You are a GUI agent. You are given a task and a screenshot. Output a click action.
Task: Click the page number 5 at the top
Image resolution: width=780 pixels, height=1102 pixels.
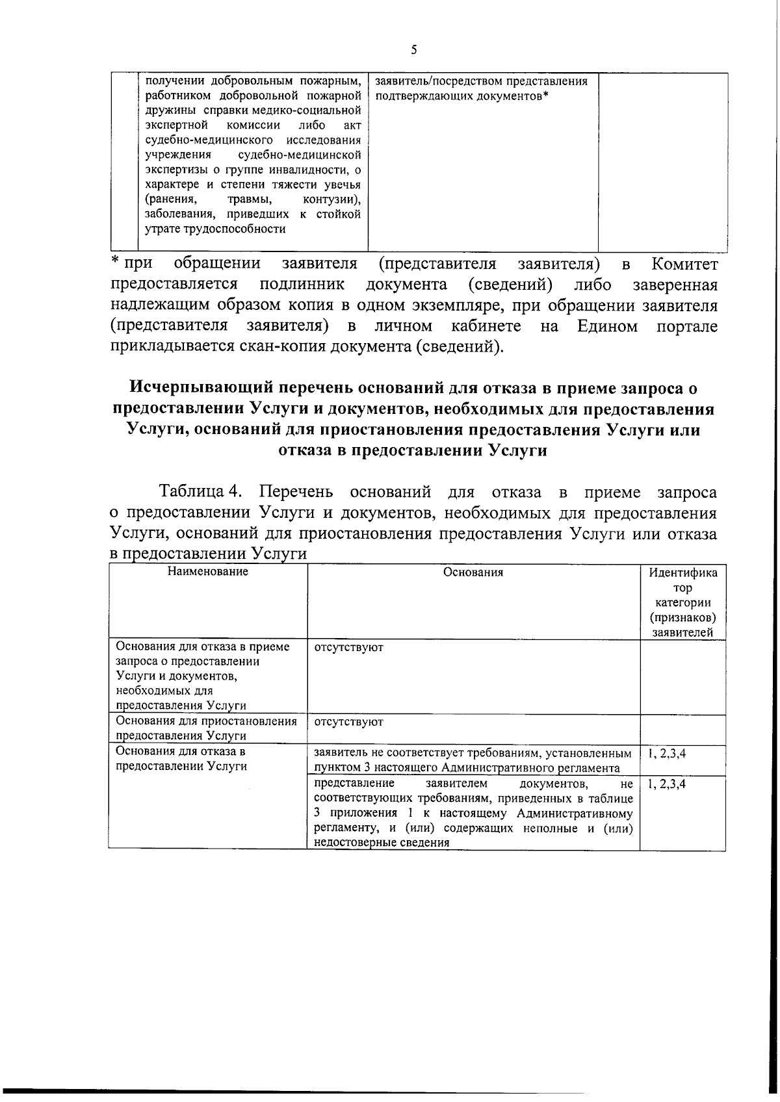(x=413, y=50)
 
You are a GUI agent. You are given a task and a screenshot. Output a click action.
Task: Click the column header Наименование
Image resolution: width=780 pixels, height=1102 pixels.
(x=207, y=572)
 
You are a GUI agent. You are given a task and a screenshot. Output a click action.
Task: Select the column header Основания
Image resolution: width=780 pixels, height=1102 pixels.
(x=473, y=572)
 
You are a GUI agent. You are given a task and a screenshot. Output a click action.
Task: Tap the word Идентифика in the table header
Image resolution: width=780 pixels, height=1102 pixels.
(x=683, y=573)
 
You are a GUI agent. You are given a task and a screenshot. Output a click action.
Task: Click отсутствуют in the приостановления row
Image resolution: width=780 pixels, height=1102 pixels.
(x=348, y=722)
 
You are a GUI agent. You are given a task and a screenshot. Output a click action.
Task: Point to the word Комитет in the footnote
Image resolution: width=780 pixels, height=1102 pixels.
(x=684, y=264)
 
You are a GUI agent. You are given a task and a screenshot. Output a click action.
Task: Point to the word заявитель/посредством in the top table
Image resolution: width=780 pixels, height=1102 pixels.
(x=432, y=81)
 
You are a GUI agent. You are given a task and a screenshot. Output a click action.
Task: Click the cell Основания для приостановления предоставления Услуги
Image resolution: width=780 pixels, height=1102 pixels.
(x=206, y=728)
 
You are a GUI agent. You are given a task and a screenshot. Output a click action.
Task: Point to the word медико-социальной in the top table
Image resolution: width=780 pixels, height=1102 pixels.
(x=310, y=110)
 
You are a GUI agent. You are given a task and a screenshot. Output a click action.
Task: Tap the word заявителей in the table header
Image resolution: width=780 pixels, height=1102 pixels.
(x=683, y=632)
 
